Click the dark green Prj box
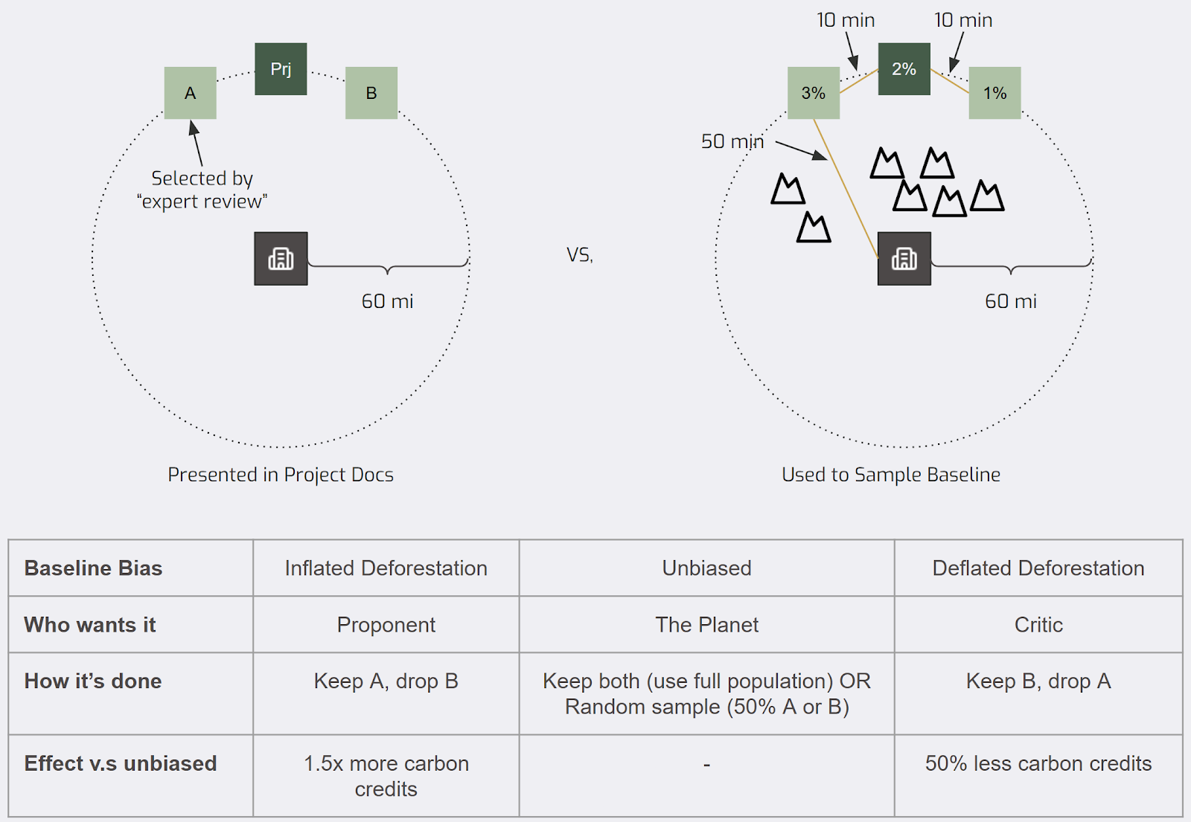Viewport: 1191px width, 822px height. coord(281,69)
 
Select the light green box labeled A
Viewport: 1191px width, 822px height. coord(191,93)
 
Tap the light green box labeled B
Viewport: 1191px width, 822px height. coord(371,93)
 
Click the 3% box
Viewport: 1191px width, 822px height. coord(814,93)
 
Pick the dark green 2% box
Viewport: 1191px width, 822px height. coord(904,69)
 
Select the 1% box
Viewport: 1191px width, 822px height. coord(994,93)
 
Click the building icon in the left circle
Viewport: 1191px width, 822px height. coord(281,259)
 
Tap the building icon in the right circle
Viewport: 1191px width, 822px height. coord(904,259)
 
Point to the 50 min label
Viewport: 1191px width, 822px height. coord(732,141)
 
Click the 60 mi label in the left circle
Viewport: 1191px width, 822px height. coord(387,301)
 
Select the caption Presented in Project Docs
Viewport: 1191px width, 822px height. coord(281,475)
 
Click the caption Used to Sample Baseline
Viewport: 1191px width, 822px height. coord(891,475)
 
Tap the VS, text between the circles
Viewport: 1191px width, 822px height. coord(580,255)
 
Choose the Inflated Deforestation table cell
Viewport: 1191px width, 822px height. coord(386,568)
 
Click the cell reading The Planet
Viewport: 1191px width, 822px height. coord(706,625)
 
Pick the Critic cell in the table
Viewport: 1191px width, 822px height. coord(1038,625)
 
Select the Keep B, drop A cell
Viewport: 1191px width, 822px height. coord(1038,681)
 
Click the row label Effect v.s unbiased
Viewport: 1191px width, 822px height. coord(121,764)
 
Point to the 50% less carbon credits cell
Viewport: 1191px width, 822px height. coord(1038,764)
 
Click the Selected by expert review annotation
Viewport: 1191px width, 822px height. coord(202,190)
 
